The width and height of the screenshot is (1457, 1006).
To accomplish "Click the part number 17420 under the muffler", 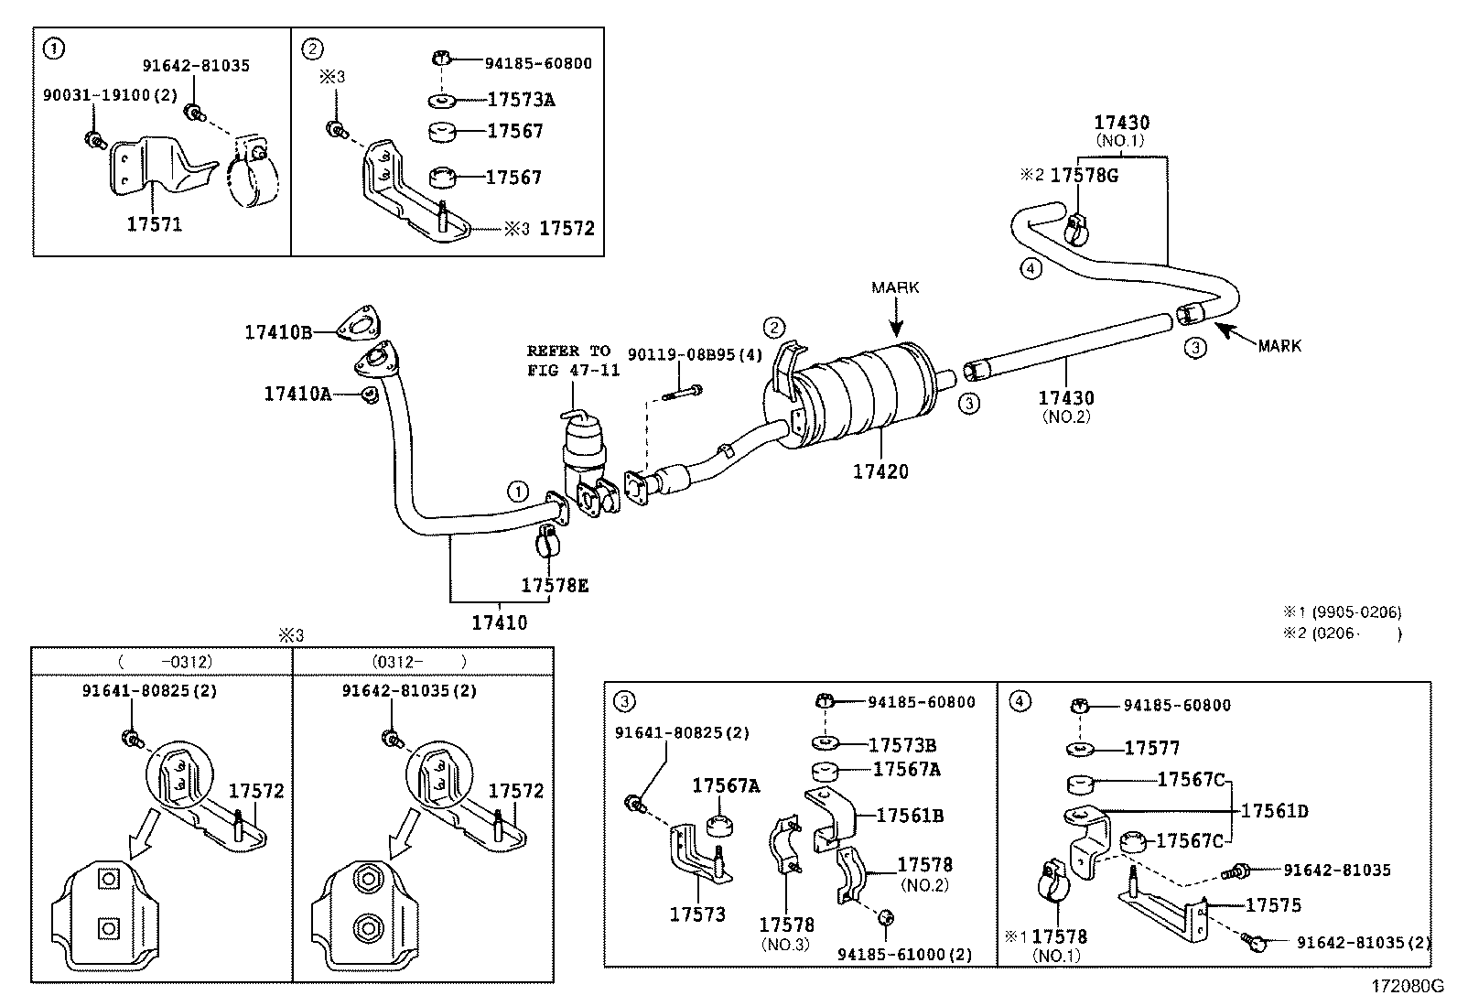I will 880,471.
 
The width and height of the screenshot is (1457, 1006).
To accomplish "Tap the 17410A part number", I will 297,394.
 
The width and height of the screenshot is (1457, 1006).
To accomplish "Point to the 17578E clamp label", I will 555,585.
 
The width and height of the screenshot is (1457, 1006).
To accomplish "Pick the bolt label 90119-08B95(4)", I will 682,354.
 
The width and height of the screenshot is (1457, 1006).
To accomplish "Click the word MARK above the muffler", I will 895,287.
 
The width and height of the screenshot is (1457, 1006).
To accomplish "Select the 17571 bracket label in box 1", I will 154,223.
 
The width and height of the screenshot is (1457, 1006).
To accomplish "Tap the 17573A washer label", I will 521,100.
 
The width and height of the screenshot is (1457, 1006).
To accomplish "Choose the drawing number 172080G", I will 1406,987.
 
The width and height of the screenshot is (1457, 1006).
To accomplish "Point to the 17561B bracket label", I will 910,815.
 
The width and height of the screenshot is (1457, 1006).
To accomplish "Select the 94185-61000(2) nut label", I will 904,954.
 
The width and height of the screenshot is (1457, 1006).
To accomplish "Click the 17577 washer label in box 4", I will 1152,748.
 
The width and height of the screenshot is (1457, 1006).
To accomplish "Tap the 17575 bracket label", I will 1273,905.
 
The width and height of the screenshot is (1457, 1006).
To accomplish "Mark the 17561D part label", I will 1274,811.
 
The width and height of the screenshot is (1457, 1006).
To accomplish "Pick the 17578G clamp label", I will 1084,175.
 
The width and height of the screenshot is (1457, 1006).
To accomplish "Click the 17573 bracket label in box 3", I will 697,914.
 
